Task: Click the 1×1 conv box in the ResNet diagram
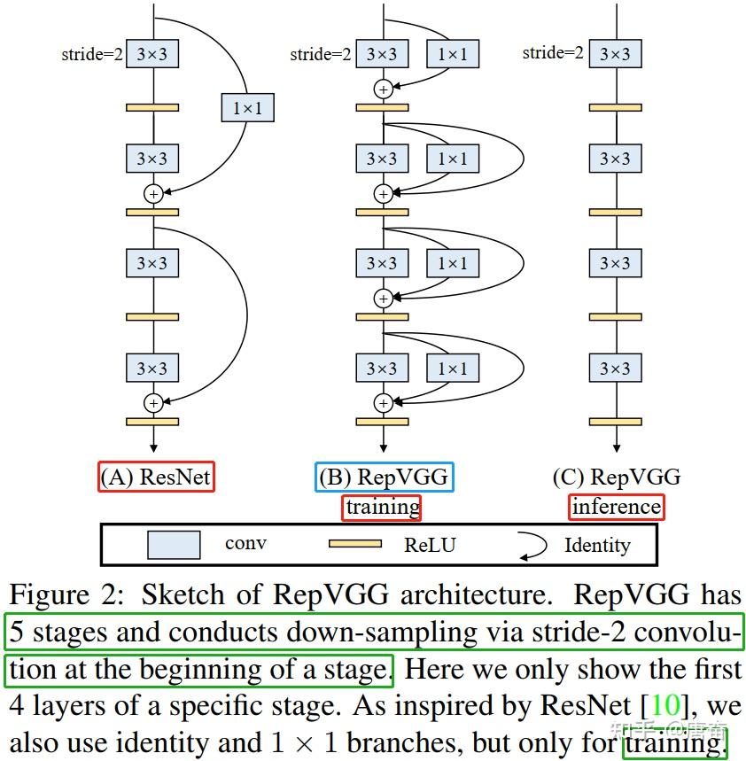click(247, 108)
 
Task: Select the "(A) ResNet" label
click(157, 478)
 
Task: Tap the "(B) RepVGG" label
click(384, 478)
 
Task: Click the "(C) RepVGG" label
click(617, 478)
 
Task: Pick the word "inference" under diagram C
click(617, 507)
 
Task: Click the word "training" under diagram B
click(383, 507)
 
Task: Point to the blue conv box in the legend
click(174, 544)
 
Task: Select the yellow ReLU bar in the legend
click(354, 544)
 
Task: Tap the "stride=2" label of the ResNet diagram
click(92, 55)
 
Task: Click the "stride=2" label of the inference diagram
click(553, 53)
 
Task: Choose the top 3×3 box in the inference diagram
click(615, 55)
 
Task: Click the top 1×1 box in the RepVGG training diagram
click(452, 55)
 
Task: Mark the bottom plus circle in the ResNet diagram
click(153, 403)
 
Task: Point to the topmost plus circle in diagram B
click(383, 89)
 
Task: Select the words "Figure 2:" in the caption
click(68, 594)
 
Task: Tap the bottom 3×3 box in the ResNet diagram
click(152, 369)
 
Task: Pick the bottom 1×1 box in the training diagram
click(452, 369)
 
